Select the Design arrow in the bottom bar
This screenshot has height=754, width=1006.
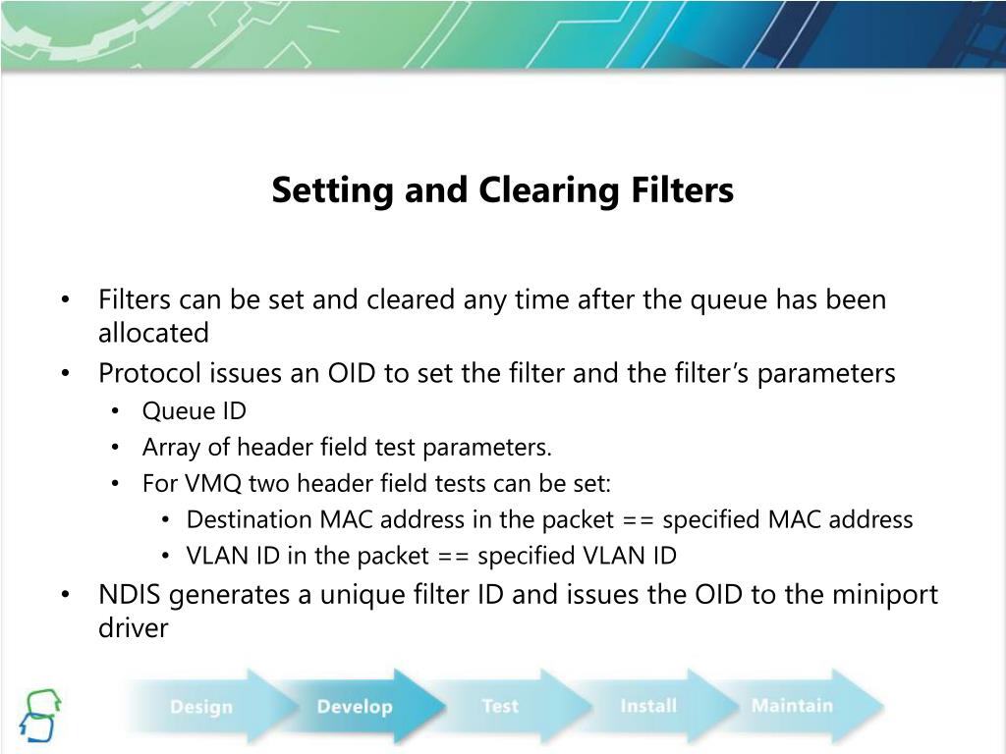click(201, 706)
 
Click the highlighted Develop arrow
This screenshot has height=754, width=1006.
click(355, 706)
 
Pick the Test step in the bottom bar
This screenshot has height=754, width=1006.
click(499, 706)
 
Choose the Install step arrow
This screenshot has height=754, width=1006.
click(648, 706)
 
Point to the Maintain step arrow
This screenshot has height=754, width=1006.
click(792, 705)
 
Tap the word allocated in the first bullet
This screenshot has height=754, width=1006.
click(153, 333)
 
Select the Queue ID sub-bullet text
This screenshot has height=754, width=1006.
click(195, 411)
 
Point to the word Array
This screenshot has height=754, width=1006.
click(168, 448)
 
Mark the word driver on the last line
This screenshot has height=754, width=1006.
click(134, 628)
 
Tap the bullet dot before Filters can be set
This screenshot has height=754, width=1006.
click(65, 299)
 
